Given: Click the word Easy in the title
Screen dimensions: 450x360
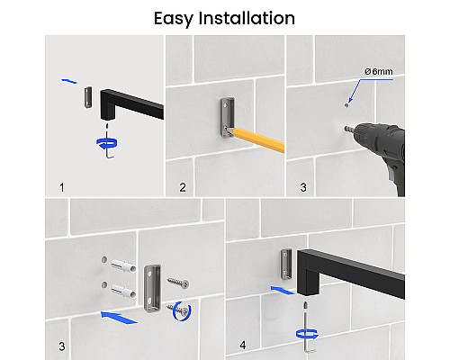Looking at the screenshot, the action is point(173,19).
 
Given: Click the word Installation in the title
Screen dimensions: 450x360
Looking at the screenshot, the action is point(247,18).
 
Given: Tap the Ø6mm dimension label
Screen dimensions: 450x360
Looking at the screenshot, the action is point(379,71).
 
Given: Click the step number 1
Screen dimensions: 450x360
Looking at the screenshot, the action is point(62,187).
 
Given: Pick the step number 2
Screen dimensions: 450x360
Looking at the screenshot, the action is point(183,187).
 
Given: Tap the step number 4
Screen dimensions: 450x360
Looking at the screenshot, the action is point(243,345).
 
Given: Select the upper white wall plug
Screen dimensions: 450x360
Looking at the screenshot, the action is point(123,266).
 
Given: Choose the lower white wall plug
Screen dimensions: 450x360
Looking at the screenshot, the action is point(123,292).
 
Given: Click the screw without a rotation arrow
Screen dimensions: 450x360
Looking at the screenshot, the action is point(178,283).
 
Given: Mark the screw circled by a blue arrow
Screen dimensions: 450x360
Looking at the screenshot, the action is point(178,310).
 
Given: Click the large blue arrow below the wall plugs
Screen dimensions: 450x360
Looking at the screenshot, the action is point(119,318).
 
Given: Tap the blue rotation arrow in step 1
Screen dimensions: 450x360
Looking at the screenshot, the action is point(107,143).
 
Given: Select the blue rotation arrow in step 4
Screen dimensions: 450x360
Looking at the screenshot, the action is point(307,334).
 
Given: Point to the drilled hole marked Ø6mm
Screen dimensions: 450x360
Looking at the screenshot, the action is point(346,105).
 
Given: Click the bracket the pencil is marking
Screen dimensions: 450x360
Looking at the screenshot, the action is point(228,117).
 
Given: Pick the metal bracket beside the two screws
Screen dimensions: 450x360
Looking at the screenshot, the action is point(152,289).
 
